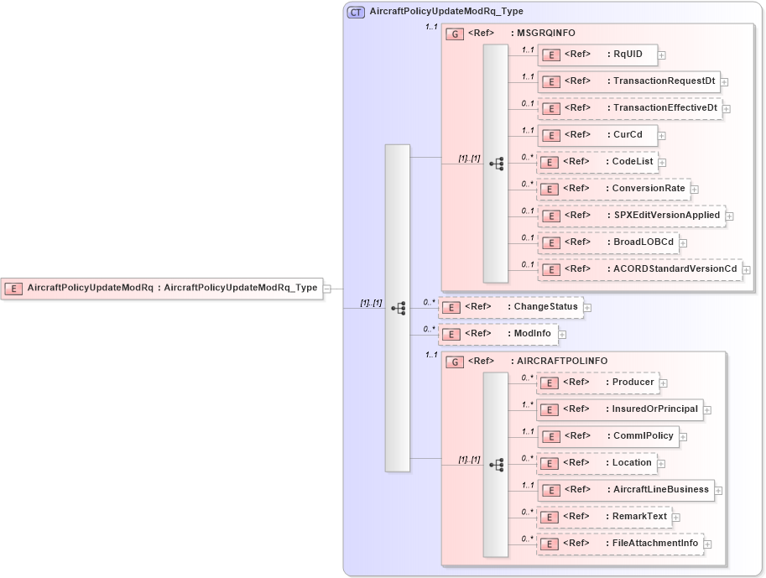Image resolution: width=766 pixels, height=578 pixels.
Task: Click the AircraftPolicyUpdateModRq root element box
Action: pos(162,288)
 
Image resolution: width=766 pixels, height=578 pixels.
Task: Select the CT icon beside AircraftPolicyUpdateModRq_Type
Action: pos(356,13)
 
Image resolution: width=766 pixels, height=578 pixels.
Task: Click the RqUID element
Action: pos(597,55)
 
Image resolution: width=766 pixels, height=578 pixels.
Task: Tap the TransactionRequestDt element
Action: pos(628,81)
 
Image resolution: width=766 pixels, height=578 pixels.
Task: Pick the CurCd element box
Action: pos(597,135)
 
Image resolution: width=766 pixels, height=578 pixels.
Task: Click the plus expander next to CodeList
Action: pos(662,163)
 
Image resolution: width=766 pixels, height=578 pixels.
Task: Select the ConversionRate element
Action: pos(613,189)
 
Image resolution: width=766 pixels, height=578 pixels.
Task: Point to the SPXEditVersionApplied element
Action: pos(631,216)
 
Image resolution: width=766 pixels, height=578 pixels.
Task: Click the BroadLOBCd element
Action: pos(608,242)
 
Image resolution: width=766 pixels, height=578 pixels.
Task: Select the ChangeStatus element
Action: pos(511,307)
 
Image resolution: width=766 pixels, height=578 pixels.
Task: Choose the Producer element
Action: pos(597,383)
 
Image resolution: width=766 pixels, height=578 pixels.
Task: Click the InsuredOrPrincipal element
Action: pos(620,409)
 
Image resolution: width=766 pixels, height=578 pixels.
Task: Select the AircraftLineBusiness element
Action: pos(626,490)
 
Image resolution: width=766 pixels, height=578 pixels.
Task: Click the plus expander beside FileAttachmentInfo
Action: pos(707,544)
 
